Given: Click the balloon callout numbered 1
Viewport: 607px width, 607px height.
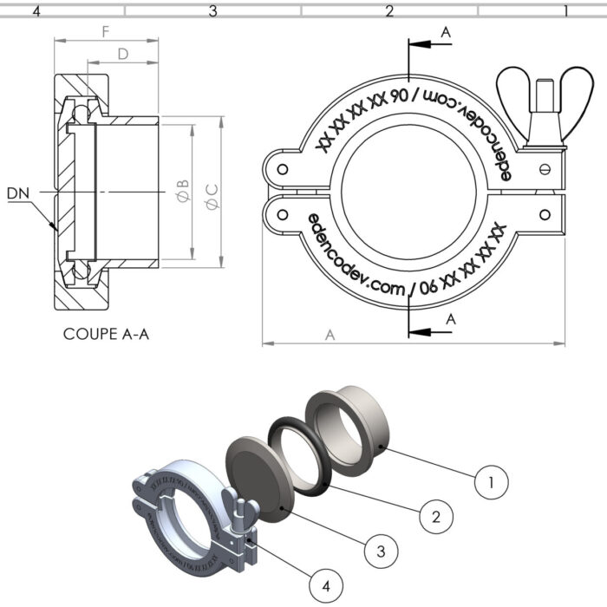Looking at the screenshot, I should (492, 480).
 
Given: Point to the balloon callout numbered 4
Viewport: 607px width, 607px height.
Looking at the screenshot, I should (326, 586).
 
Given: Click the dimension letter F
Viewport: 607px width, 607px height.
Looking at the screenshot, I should (105, 31).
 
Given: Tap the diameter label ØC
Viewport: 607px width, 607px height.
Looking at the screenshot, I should (212, 191).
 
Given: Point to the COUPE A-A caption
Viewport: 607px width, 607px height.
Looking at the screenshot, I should (106, 333).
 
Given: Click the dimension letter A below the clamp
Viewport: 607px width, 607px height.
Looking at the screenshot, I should (330, 335).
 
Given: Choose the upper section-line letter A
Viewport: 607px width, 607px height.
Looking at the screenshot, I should (446, 32).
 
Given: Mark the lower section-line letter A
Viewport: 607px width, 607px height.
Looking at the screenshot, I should (450, 319).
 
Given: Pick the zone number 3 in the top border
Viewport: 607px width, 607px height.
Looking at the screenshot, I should (212, 11).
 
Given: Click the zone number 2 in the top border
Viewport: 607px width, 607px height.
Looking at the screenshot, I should (389, 11).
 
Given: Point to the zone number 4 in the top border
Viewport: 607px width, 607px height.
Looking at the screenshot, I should (36, 11).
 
